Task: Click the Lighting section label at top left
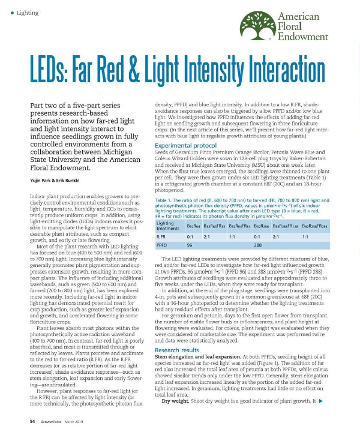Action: (28, 13)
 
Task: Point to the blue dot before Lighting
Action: (13, 13)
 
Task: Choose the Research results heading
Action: (176, 349)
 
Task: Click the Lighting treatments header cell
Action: (167, 226)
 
